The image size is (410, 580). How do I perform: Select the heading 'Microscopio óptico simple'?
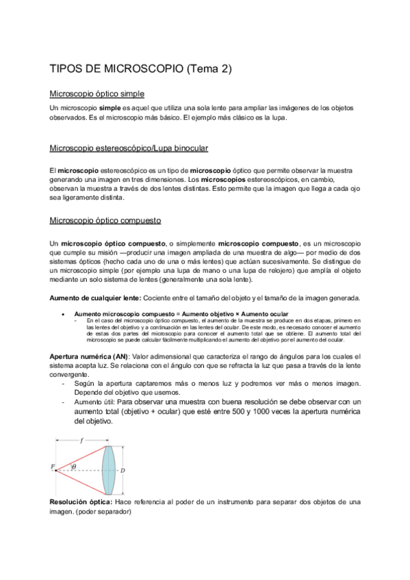point(97,93)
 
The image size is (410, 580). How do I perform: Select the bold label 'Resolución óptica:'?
point(81,502)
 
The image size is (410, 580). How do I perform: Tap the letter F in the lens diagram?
point(53,466)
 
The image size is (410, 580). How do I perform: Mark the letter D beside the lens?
point(123,471)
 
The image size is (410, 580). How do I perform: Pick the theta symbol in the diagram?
point(74,466)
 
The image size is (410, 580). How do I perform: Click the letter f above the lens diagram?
point(82,441)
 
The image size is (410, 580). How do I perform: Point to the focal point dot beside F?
point(57,470)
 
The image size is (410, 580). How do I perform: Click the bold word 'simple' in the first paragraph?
point(110,109)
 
